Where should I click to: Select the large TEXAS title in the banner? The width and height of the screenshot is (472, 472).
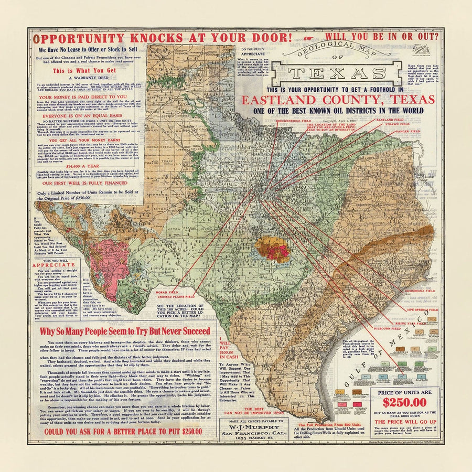pos(337,73)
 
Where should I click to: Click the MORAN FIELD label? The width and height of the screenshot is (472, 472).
pos(171,292)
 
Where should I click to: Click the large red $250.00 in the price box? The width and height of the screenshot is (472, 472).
pos(404,403)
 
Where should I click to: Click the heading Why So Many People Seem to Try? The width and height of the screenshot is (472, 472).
pos(125,331)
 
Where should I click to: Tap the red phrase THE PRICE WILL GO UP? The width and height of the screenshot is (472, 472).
pos(404,422)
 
